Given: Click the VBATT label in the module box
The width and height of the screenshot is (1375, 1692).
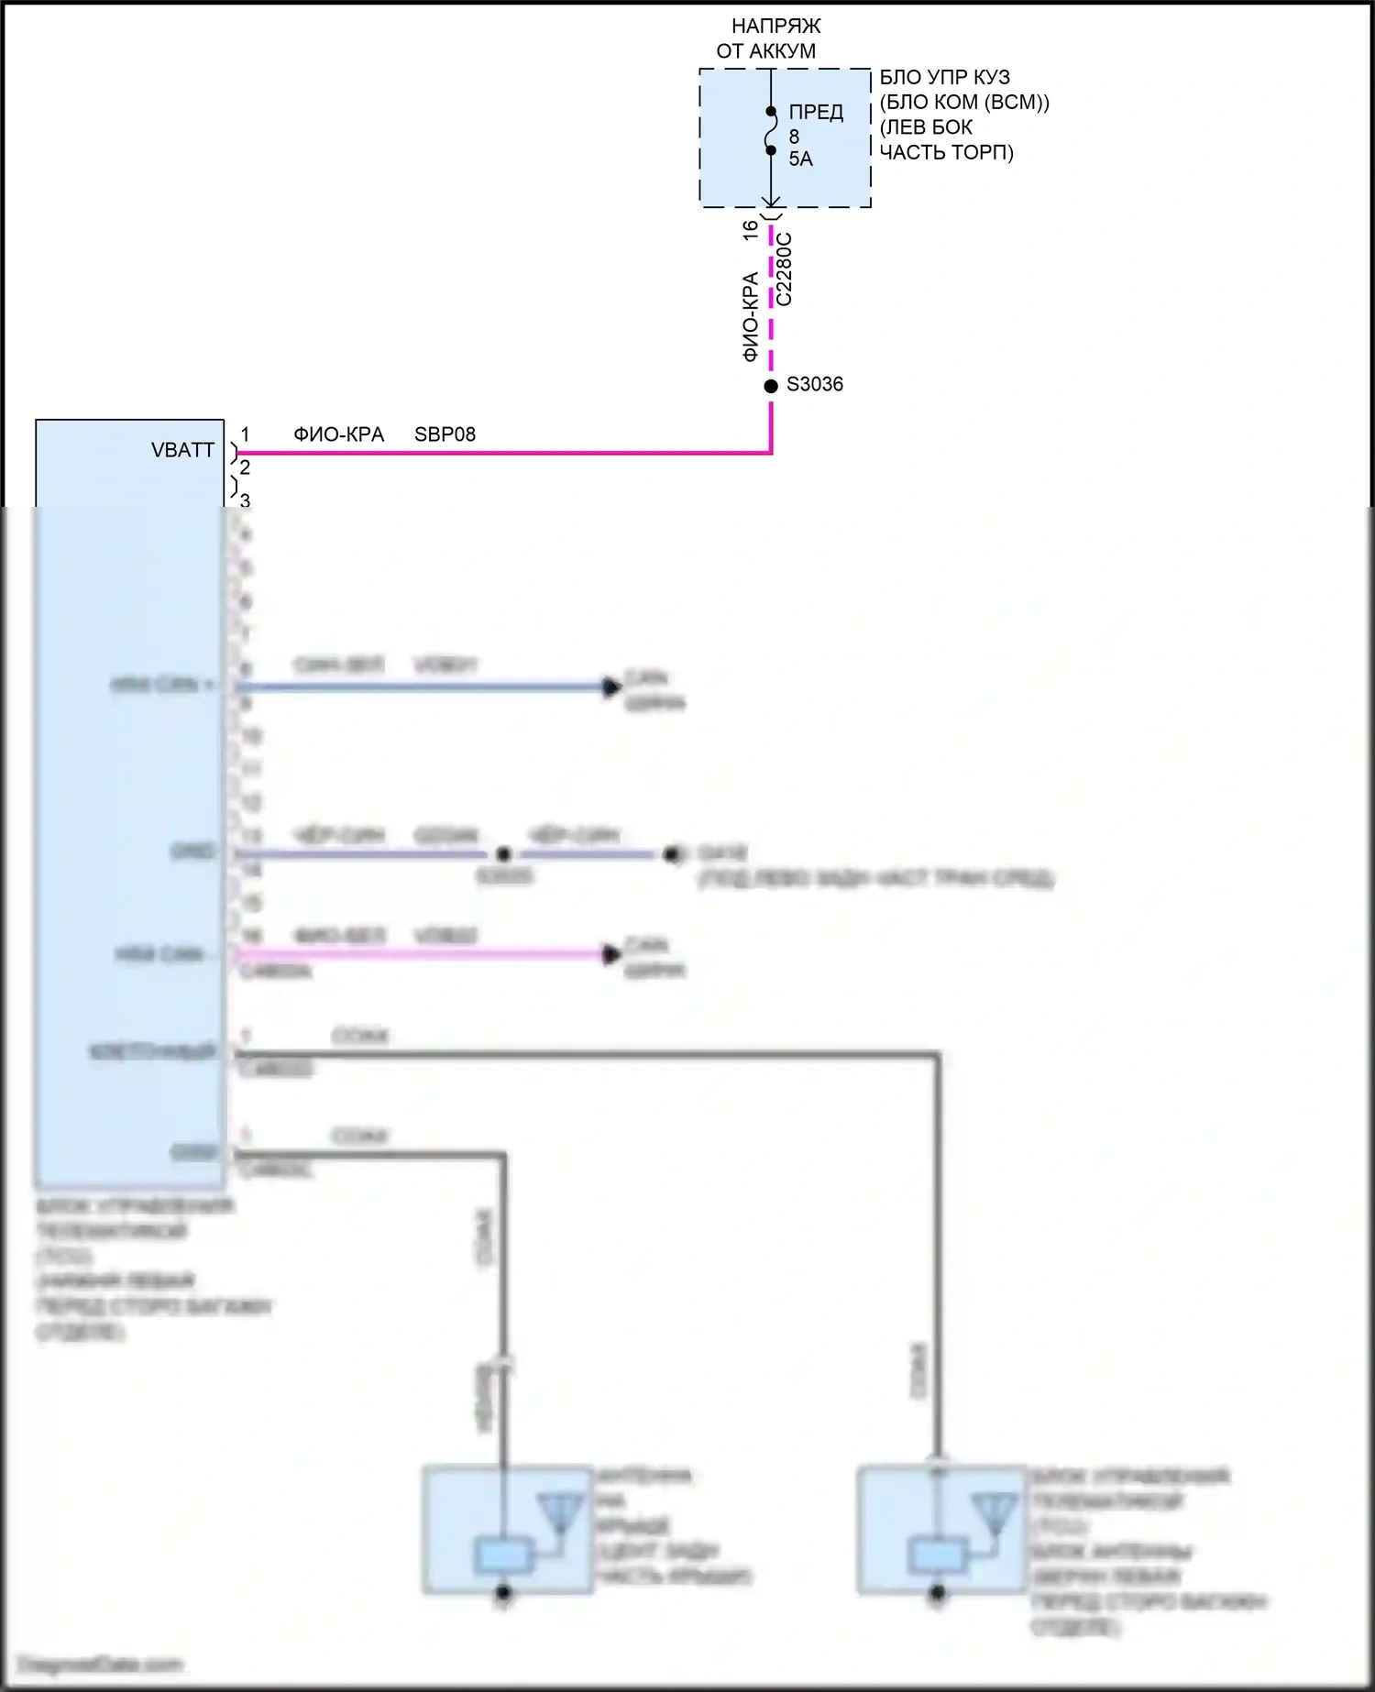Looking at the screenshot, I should tap(182, 450).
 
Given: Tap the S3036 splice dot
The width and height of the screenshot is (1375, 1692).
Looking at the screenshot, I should tap(771, 386).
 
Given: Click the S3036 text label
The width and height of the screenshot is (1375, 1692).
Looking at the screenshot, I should tap(815, 385).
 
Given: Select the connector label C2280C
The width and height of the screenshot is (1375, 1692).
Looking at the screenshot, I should tap(785, 269).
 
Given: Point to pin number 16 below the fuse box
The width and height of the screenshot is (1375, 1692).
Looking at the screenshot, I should tap(751, 230).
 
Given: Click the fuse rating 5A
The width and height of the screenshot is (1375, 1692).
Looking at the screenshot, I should tap(800, 159).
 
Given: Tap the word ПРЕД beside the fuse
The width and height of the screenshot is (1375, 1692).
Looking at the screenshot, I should tap(816, 113).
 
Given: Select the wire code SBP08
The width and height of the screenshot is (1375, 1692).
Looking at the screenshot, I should tap(445, 434).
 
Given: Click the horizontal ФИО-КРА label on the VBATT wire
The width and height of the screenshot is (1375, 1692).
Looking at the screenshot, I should tap(338, 434).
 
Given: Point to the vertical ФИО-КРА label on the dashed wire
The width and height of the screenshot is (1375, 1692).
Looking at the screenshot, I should tap(751, 316).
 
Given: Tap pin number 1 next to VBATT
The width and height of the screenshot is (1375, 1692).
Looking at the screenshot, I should tap(245, 434).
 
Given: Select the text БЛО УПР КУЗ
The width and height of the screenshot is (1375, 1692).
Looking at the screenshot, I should tap(944, 77).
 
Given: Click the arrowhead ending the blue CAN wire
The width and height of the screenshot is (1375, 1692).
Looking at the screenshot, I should tap(611, 687).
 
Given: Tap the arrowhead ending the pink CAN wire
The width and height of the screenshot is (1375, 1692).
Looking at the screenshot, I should tap(611, 954).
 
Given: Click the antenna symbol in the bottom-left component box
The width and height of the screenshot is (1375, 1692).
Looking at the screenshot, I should tap(559, 1513).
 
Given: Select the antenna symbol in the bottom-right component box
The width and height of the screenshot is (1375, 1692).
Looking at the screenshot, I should tap(995, 1513).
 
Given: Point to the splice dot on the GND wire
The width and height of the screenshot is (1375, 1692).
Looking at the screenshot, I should tap(503, 854).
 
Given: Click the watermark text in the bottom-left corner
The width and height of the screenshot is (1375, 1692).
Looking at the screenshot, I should tap(101, 1664).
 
